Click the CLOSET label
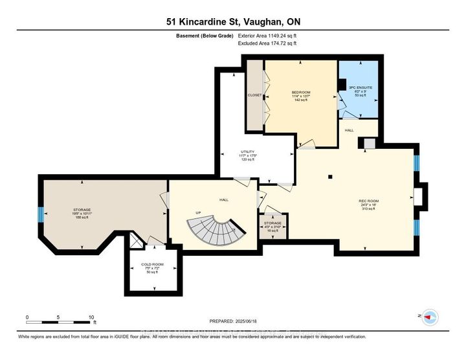click(254, 95)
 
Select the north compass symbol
click(430, 317)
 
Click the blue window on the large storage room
click(41, 214)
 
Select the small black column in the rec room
click(329, 176)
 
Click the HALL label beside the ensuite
click(349, 130)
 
